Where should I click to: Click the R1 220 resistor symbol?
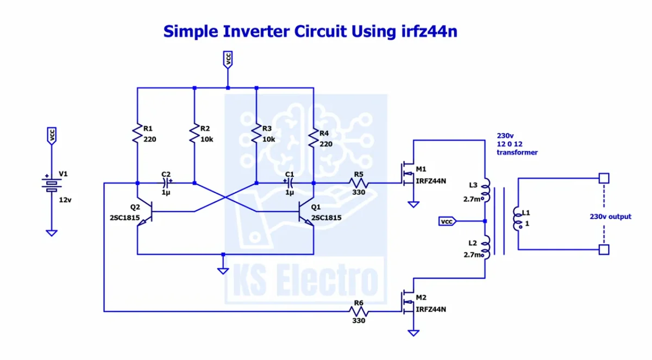tap(137, 134)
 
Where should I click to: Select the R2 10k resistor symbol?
tap(195, 134)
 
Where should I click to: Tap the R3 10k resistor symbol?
tap(256, 134)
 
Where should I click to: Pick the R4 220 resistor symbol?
tap(314, 138)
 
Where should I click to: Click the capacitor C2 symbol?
tap(166, 183)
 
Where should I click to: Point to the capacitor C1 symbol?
tap(289, 183)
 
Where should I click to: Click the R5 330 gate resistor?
tap(359, 183)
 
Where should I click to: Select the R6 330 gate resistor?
tap(359, 312)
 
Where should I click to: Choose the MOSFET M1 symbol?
tap(408, 174)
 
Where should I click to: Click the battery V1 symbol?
tap(52, 185)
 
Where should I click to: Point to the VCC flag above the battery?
tap(52, 136)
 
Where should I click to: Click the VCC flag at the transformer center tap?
tap(447, 222)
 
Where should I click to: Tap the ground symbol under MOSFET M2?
tap(413, 333)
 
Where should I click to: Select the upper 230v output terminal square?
tap(604, 178)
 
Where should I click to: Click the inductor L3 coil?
tap(486, 190)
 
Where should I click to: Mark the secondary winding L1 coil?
tap(517, 219)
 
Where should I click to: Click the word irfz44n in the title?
tap(429, 31)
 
